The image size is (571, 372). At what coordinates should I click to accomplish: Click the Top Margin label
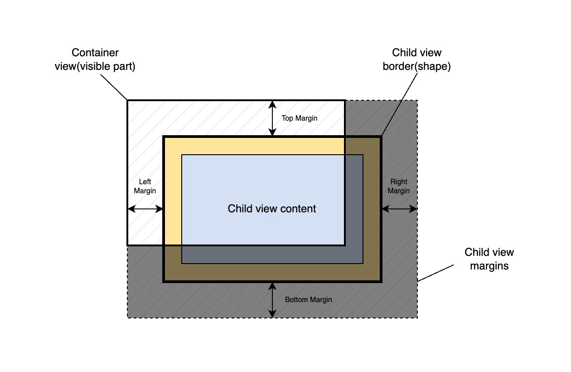300,118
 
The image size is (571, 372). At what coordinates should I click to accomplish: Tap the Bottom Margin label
308,300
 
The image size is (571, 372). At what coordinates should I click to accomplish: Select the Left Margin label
145,186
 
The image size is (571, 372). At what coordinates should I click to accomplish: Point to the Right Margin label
399,186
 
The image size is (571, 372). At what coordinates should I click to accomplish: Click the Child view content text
272,209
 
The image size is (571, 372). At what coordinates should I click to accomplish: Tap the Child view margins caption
489,259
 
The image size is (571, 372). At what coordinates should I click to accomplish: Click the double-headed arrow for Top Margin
272,118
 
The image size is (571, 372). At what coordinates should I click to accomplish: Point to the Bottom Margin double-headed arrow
272,300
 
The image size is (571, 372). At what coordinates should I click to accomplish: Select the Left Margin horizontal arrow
145,209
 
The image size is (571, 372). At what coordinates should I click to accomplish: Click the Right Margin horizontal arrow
399,209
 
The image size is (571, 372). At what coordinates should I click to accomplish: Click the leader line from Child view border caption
399,104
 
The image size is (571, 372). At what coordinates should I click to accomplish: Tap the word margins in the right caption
489,266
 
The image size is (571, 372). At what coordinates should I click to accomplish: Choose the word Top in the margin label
287,118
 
